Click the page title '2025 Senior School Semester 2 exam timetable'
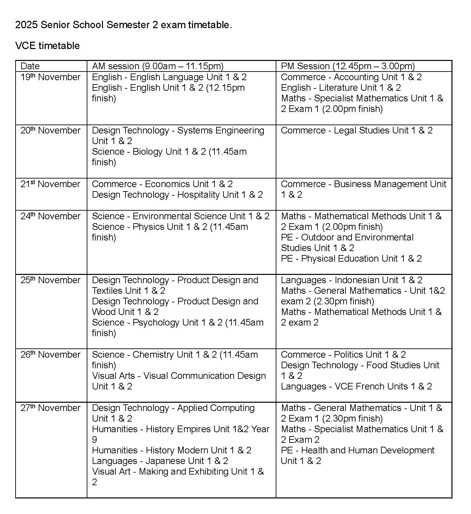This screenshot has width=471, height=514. coord(123,25)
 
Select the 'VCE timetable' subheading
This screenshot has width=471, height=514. coord(47,45)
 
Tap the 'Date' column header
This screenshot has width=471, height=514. coord(30,66)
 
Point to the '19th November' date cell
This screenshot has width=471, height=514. coord(50,77)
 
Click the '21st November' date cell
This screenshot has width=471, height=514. coord(50,184)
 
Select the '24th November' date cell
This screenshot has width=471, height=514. coord(50,216)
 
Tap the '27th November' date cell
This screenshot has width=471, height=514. coord(50,408)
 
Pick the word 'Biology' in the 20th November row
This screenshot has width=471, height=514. coord(148,152)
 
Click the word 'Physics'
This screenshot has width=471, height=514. coord(148,227)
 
